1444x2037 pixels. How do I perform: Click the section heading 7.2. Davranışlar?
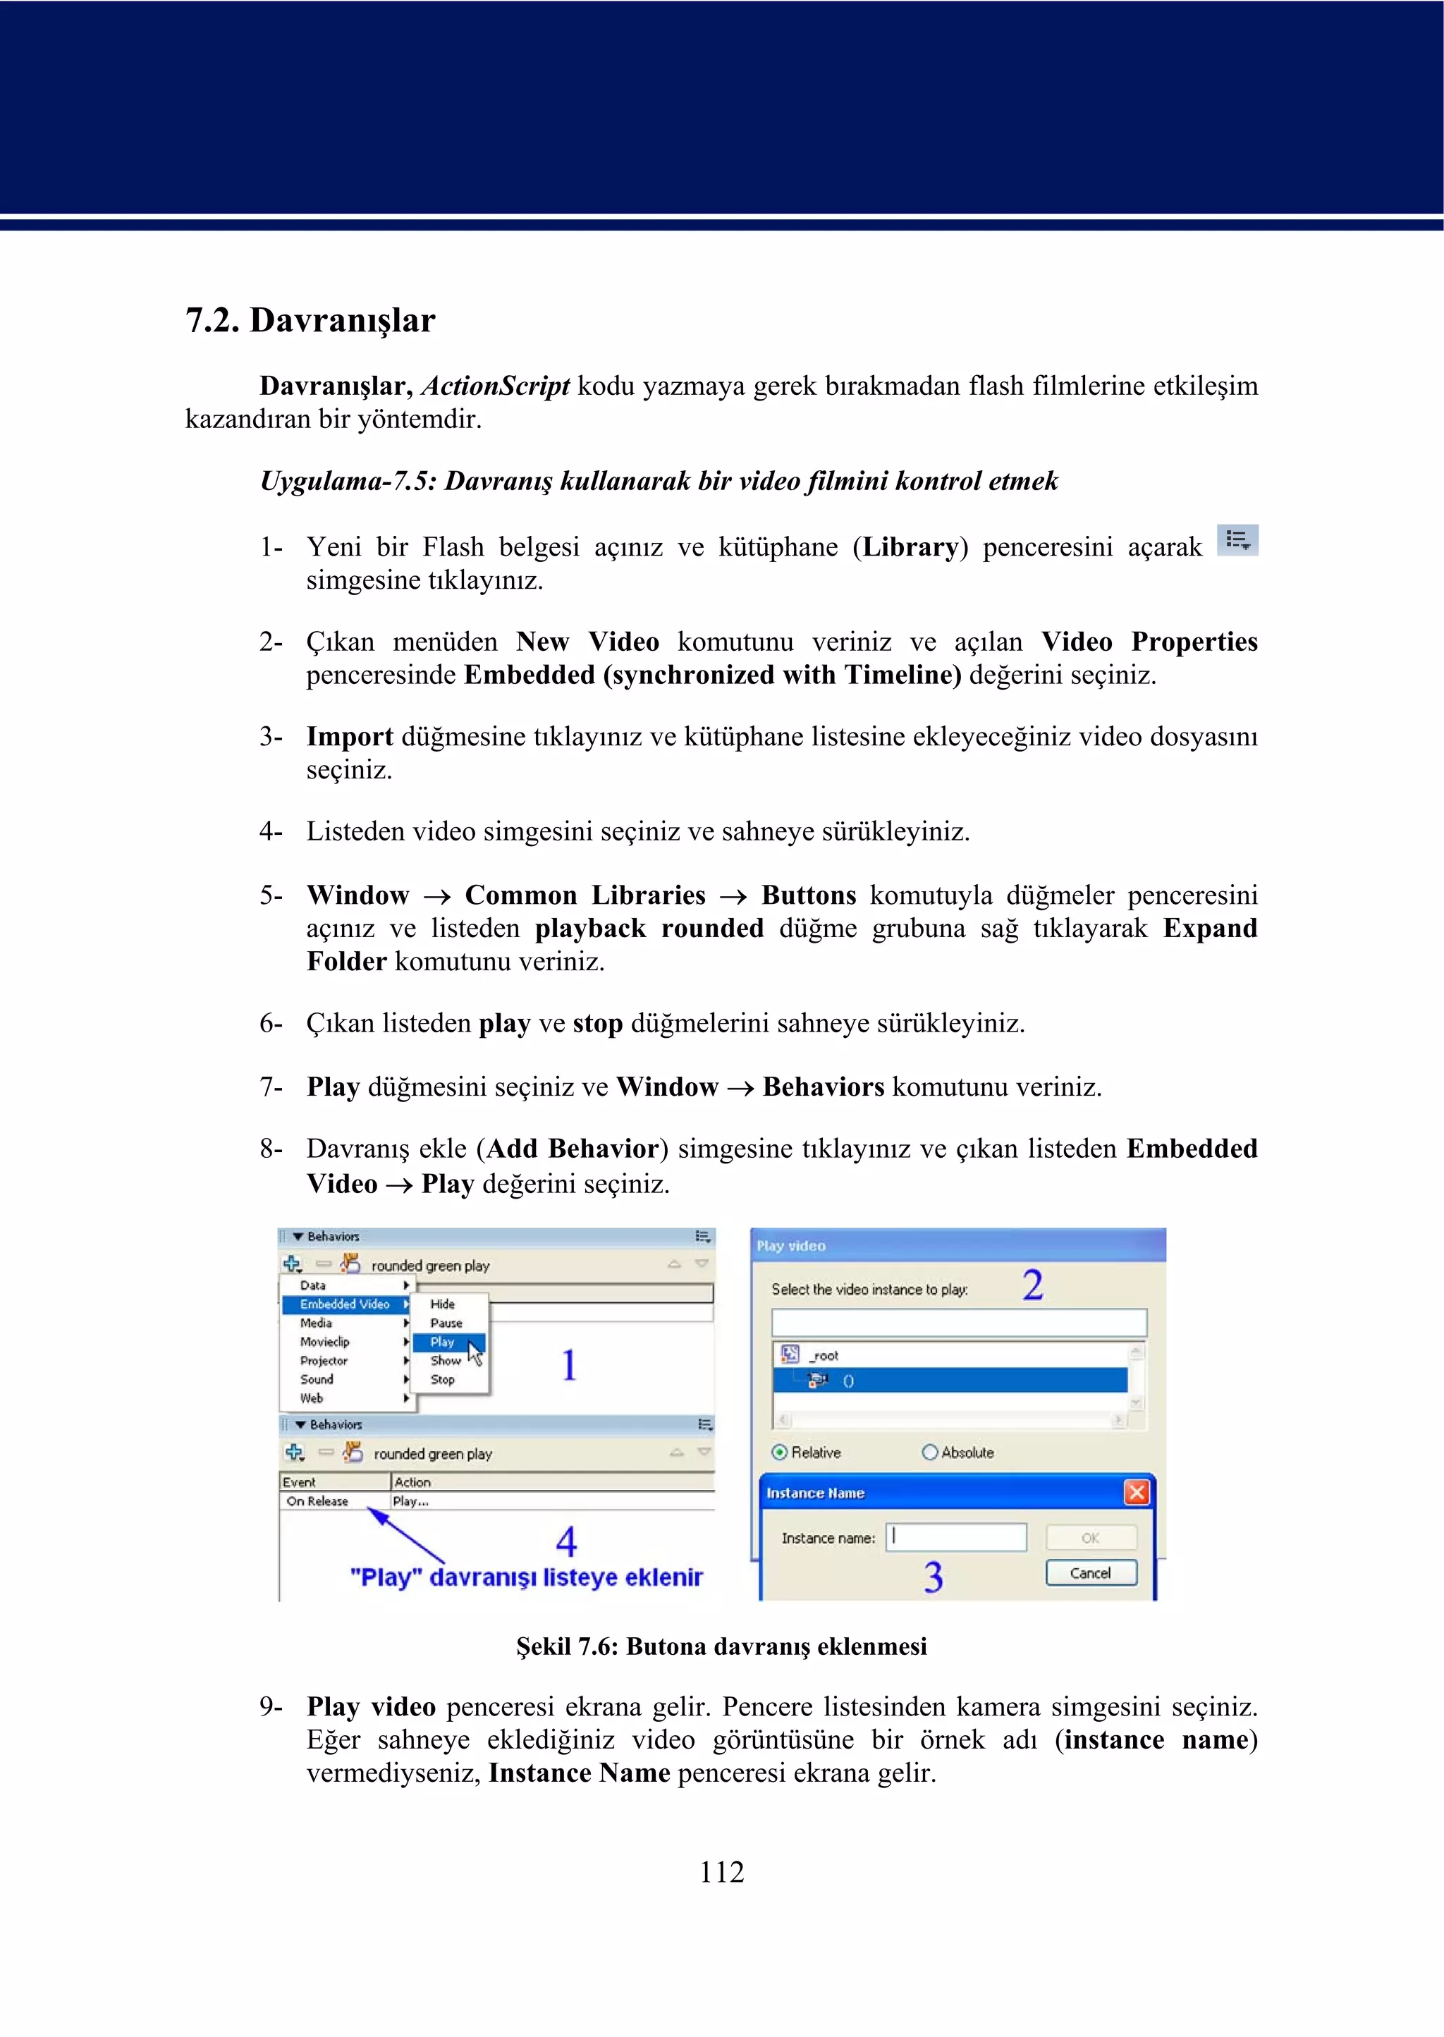click(310, 320)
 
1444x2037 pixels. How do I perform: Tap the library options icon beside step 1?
click(1237, 539)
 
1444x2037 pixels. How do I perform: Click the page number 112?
click(721, 1871)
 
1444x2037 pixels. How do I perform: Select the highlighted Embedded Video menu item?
click(344, 1304)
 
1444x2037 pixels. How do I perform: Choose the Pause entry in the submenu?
click(446, 1323)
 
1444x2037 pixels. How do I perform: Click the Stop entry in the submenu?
click(443, 1380)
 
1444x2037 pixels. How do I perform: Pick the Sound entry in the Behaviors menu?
click(317, 1379)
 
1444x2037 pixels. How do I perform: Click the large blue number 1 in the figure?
click(569, 1365)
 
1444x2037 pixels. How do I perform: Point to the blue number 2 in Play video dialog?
click(1032, 1285)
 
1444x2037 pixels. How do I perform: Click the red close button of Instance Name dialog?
click(1137, 1492)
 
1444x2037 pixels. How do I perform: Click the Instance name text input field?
click(957, 1537)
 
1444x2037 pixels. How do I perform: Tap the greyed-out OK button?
click(1091, 1537)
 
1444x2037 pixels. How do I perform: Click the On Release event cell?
click(317, 1501)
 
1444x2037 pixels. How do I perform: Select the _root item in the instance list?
click(824, 1356)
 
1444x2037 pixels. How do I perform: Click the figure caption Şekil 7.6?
click(721, 1646)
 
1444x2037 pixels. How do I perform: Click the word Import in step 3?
click(350, 736)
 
